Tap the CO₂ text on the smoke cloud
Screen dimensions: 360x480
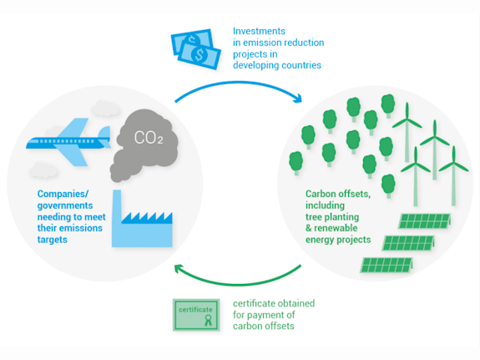(143, 135)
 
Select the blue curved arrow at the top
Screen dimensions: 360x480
(239, 84)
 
